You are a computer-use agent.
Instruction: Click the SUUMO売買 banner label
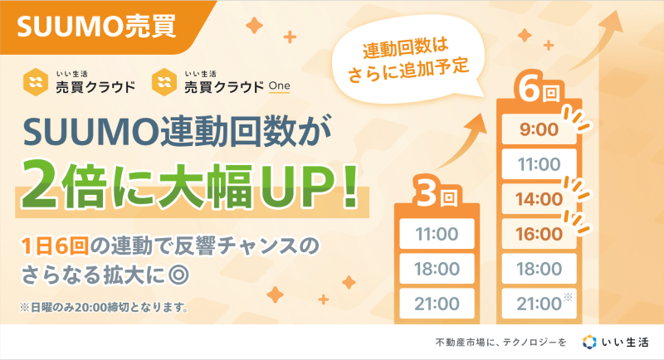click(x=96, y=27)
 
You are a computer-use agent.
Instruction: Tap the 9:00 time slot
click(x=539, y=129)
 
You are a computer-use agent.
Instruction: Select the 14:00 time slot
click(x=539, y=199)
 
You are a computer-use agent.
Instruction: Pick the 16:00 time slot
click(x=539, y=234)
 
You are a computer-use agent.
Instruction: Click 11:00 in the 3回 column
click(x=437, y=234)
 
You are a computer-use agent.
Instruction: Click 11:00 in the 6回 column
click(x=539, y=163)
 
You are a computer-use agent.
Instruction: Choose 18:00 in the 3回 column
click(x=437, y=269)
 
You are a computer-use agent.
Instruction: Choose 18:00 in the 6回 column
click(x=539, y=269)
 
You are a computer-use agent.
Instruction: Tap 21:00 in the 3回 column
click(x=437, y=304)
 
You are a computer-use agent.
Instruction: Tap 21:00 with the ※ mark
click(x=539, y=304)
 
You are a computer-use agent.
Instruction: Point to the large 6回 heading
click(x=539, y=90)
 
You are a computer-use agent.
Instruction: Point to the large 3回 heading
click(x=437, y=195)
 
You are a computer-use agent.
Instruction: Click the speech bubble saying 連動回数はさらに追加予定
click(x=408, y=60)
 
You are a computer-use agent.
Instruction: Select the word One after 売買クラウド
click(x=280, y=86)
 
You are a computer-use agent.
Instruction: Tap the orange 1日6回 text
click(x=55, y=246)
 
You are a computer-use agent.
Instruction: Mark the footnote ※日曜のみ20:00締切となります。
click(x=105, y=307)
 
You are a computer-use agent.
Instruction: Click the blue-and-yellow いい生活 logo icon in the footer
click(x=589, y=342)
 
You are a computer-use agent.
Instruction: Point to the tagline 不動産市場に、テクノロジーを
click(x=500, y=343)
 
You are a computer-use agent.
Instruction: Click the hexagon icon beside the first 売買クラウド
click(x=36, y=82)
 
